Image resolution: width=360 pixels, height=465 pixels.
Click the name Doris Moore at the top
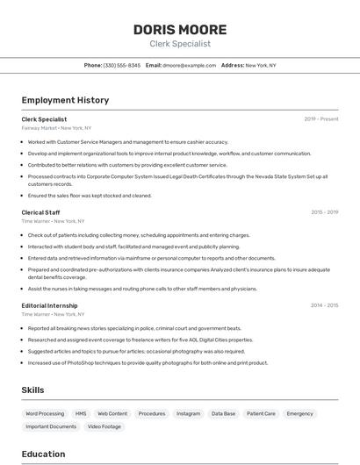[x=180, y=30]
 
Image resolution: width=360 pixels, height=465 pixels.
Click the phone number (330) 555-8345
[x=122, y=65]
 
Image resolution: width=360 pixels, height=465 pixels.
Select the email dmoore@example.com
[x=189, y=65]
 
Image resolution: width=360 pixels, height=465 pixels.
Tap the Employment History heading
[x=65, y=100]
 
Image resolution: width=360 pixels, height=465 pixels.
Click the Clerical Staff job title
[x=40, y=212]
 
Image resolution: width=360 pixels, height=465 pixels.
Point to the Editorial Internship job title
[x=49, y=305]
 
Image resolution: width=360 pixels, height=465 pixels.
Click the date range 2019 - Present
[x=321, y=119]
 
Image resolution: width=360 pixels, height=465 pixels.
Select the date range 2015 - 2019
[x=325, y=212]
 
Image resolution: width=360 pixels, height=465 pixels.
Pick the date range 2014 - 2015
[x=325, y=305]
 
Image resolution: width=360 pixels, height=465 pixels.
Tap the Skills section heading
[x=32, y=390]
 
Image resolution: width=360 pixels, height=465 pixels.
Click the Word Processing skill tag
[x=45, y=413]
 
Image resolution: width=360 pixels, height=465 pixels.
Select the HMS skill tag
[x=81, y=413]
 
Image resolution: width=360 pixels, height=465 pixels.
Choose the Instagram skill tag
[x=188, y=413]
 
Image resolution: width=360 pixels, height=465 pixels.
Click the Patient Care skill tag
[x=261, y=413]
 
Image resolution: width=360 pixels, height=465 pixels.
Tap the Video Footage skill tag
[x=104, y=426]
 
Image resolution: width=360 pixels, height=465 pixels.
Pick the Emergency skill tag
[x=299, y=413]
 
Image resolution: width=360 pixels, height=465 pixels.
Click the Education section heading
[x=43, y=454]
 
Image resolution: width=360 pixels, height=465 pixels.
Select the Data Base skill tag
[x=223, y=413]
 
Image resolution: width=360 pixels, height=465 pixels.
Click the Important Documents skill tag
[x=51, y=426]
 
